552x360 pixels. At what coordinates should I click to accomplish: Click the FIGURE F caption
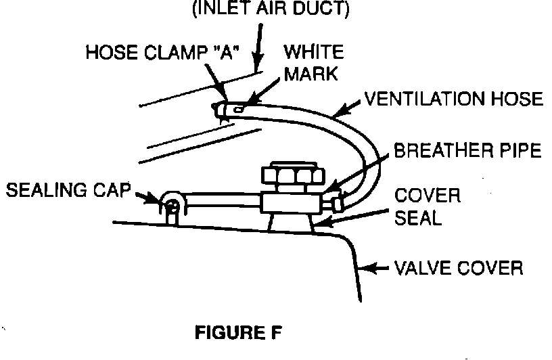tap(237, 334)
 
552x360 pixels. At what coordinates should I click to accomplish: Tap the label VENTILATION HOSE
tap(453, 100)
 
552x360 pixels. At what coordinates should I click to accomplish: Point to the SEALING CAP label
tap(68, 190)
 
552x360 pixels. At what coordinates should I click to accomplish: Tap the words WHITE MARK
tap(313, 62)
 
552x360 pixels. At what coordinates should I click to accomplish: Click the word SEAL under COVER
tap(428, 219)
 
